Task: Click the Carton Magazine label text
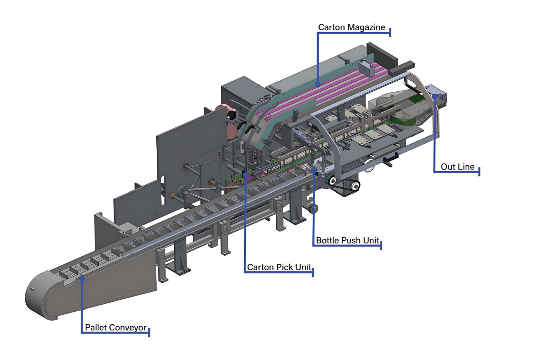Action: pyautogui.click(x=351, y=28)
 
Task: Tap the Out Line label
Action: pyautogui.click(x=457, y=167)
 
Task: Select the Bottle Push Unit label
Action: pyautogui.click(x=348, y=240)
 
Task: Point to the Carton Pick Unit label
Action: pyautogui.click(x=279, y=267)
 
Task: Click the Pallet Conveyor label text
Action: pyautogui.click(x=116, y=327)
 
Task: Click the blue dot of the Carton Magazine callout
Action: pyautogui.click(x=318, y=84)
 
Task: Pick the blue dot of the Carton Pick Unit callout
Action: pyautogui.click(x=245, y=175)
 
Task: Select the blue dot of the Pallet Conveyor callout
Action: pyautogui.click(x=82, y=278)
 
